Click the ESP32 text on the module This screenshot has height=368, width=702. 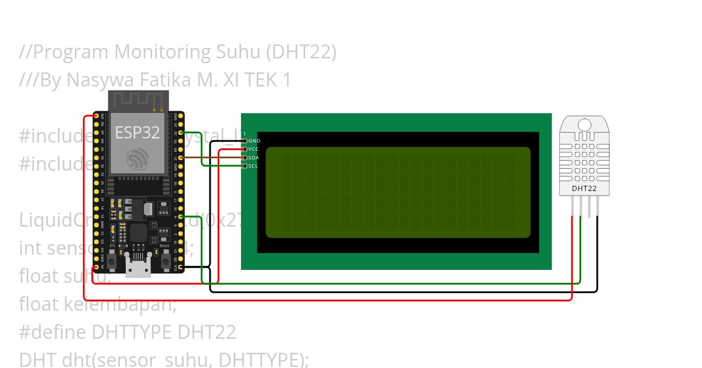[137, 133]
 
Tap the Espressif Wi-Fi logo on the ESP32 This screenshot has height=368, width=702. [137, 158]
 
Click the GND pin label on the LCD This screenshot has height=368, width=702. [254, 141]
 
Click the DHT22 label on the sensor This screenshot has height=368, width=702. [584, 189]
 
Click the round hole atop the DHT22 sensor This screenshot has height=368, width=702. [584, 124]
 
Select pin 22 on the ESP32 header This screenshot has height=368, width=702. [181, 133]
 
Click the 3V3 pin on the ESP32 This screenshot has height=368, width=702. [95, 116]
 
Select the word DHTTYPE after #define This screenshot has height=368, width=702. [132, 332]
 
